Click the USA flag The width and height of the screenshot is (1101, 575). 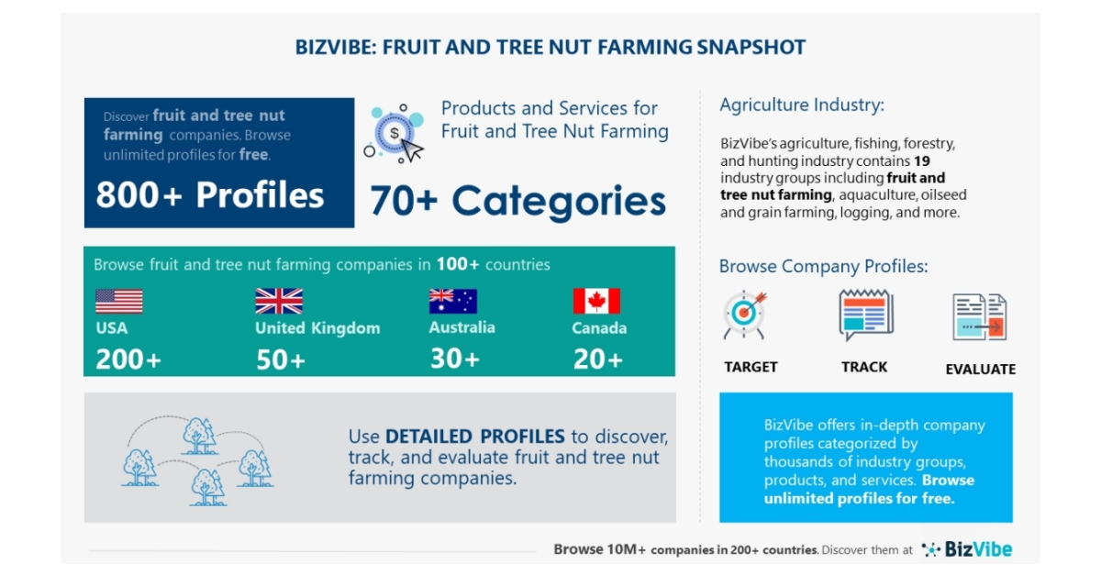pyautogui.click(x=118, y=302)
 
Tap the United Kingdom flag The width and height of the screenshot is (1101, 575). pyautogui.click(x=279, y=302)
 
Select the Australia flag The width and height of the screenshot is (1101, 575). pyautogui.click(x=452, y=302)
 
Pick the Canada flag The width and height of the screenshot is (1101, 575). pyautogui.click(x=596, y=302)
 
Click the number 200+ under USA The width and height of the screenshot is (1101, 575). pyautogui.click(x=128, y=360)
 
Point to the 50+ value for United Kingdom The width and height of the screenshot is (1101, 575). pyautogui.click(x=281, y=360)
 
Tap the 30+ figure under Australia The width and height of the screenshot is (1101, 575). pyautogui.click(x=454, y=359)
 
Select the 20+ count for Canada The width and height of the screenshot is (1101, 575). pyautogui.click(x=598, y=359)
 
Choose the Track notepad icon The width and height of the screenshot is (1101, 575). pyautogui.click(x=865, y=315)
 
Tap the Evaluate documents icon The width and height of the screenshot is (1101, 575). pyautogui.click(x=979, y=317)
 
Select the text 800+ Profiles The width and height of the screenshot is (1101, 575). pyautogui.click(x=210, y=195)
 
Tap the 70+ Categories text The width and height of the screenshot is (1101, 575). pyautogui.click(x=517, y=201)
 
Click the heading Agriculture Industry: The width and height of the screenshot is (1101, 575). pyautogui.click(x=802, y=105)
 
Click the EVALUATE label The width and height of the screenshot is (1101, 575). pyautogui.click(x=980, y=370)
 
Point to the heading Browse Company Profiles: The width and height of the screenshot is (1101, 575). pyautogui.click(x=823, y=267)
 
